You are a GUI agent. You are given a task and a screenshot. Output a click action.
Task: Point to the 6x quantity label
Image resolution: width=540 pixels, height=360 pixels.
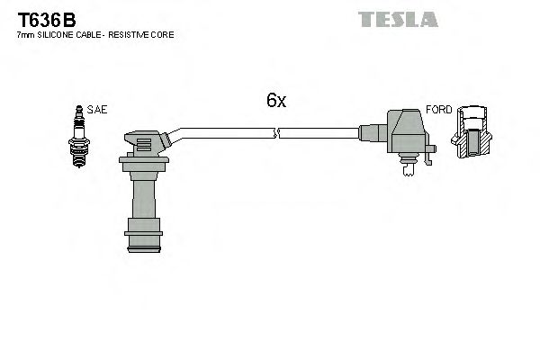click(275, 102)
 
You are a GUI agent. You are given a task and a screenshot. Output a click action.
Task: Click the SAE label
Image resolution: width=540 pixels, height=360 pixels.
click(98, 110)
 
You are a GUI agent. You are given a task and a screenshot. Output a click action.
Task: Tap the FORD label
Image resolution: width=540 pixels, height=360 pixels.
click(438, 110)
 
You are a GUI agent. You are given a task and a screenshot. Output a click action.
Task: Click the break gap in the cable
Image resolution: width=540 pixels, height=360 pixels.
click(277, 133)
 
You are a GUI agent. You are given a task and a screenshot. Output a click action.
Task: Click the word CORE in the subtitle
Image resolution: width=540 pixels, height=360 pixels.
click(163, 34)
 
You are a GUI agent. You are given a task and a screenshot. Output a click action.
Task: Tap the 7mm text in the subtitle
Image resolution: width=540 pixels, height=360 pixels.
click(24, 34)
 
